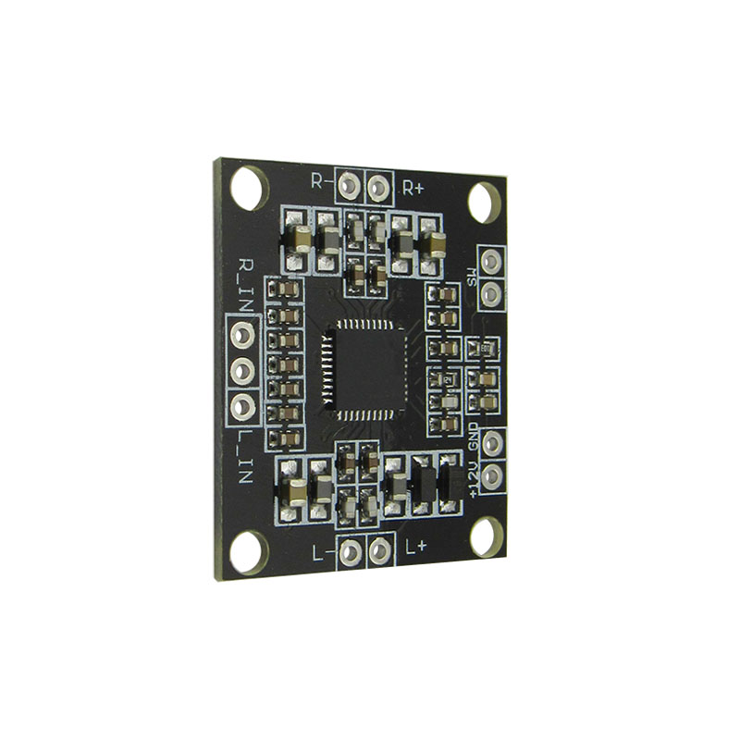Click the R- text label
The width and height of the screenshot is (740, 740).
click(320, 181)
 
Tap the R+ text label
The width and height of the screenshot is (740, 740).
click(413, 187)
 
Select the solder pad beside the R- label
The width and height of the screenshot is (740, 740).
click(349, 186)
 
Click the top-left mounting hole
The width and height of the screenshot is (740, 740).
click(247, 186)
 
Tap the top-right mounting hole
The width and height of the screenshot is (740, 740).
click(483, 202)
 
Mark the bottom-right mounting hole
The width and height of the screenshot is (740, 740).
click(485, 536)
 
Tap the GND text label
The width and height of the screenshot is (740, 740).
click(474, 434)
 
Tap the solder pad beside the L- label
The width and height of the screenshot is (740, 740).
click(350, 552)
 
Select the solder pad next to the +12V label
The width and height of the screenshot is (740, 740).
click(493, 475)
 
